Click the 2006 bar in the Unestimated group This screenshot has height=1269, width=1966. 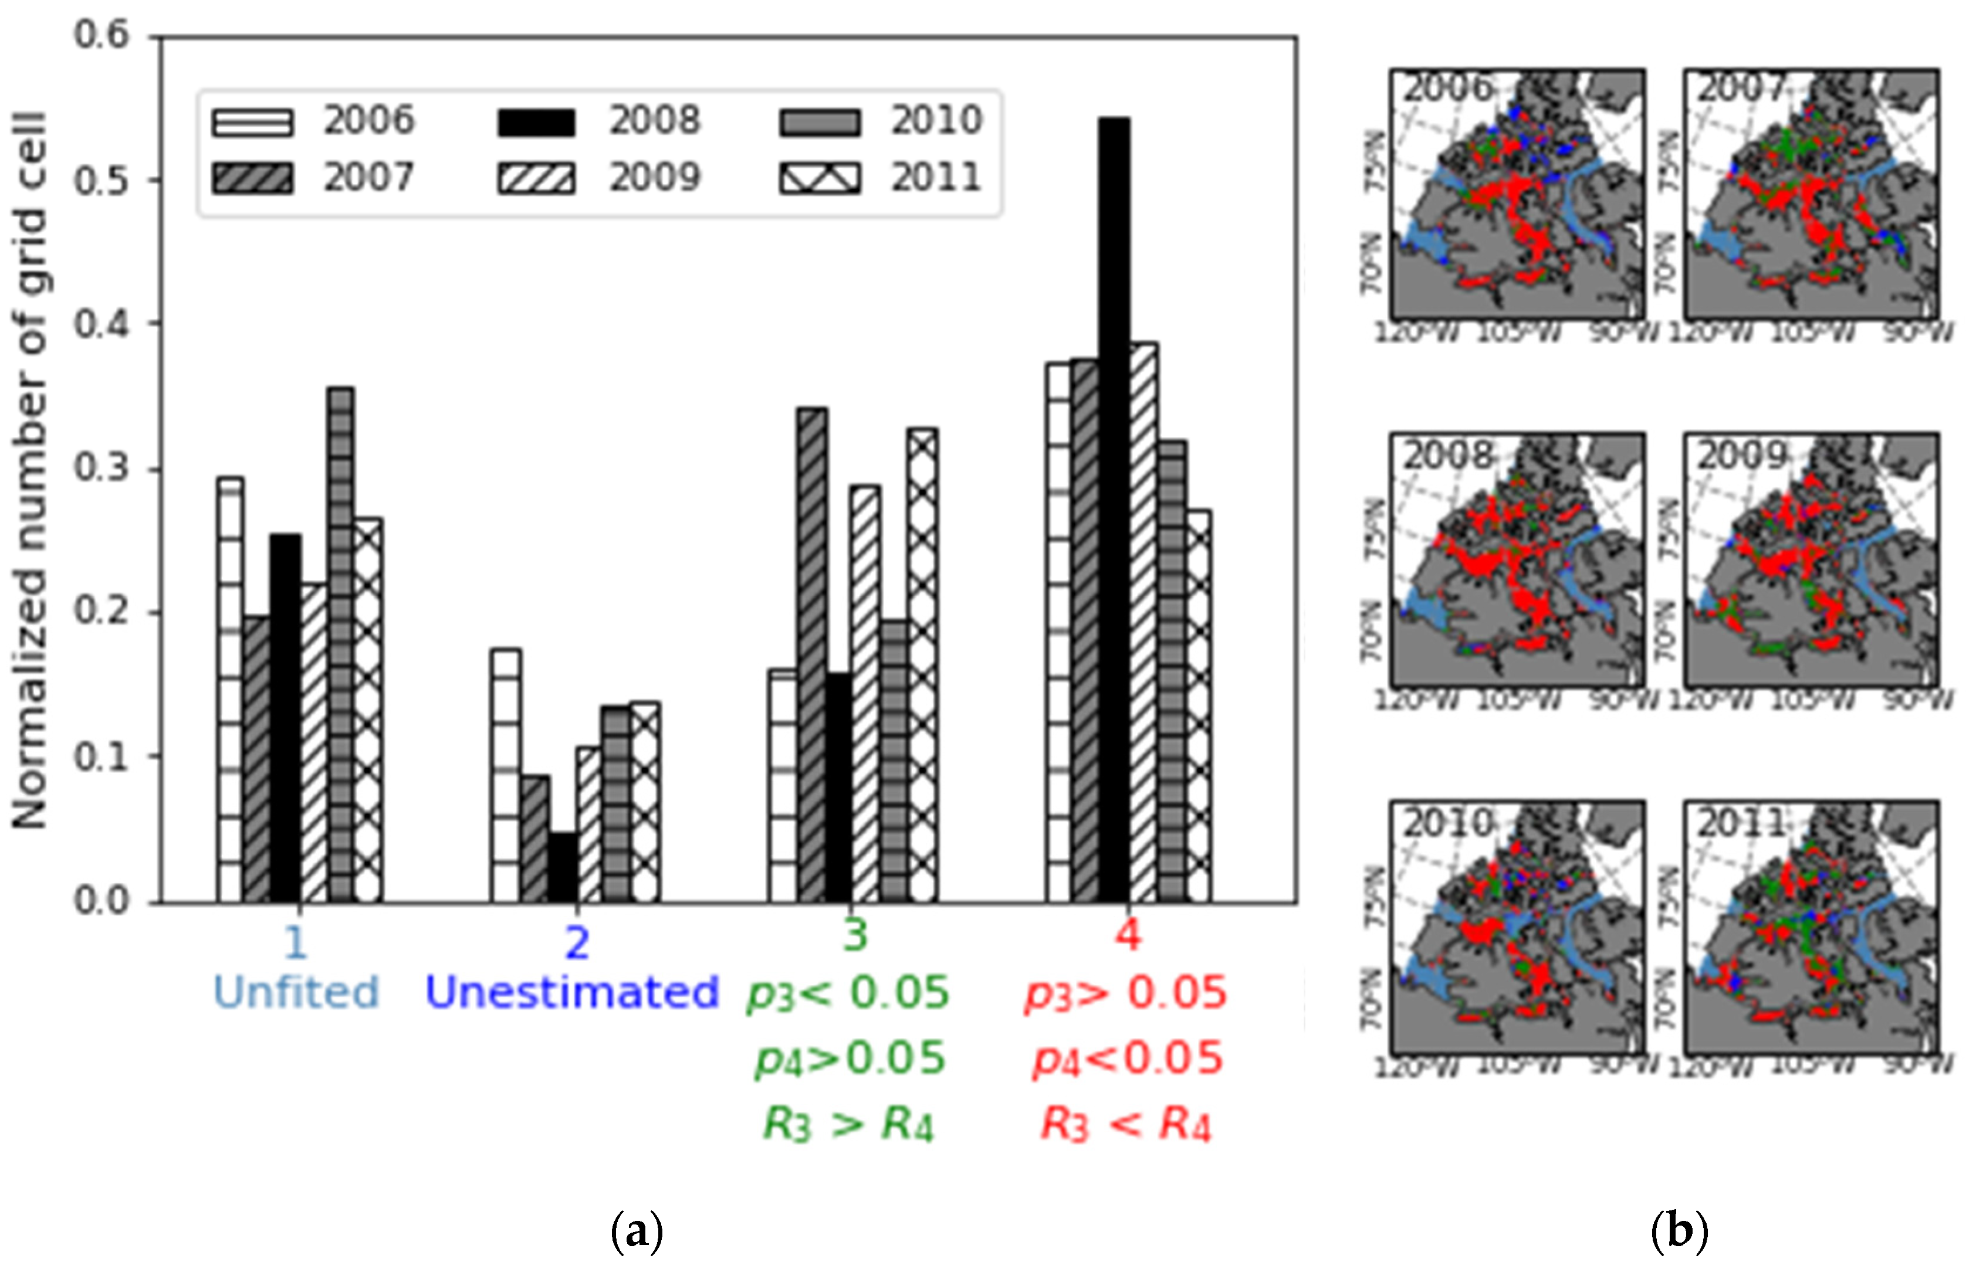click(x=505, y=775)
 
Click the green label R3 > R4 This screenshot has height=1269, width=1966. click(x=848, y=1124)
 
